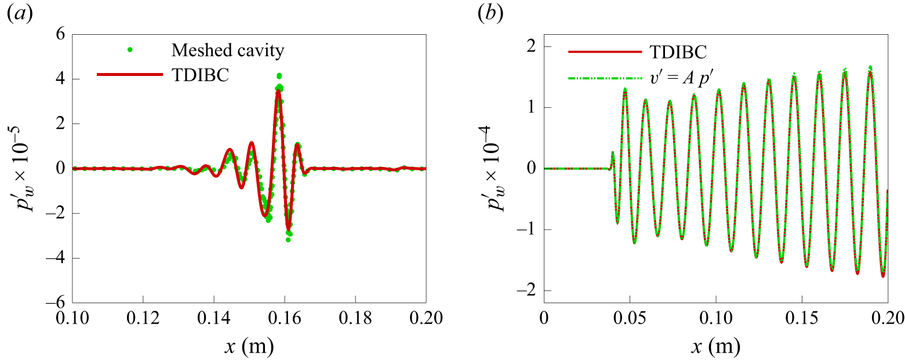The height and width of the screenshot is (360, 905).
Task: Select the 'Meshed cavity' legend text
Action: tap(228, 51)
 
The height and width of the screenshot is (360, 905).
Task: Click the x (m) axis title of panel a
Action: tap(249, 347)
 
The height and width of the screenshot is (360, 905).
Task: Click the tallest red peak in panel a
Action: tap(278, 90)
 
